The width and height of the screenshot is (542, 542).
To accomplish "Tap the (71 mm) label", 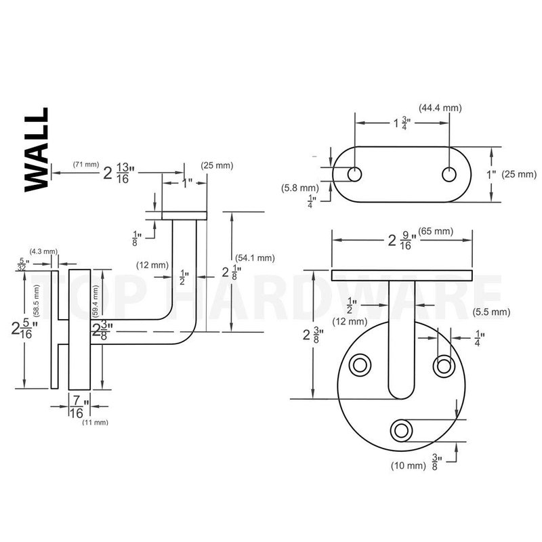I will tap(86, 165).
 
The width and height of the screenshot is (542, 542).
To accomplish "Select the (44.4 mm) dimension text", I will tap(441, 108).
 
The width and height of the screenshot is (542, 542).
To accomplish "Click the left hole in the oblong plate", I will tap(354, 173).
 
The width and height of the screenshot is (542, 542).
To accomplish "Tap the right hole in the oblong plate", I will tap(450, 173).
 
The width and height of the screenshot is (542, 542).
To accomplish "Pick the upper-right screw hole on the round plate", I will tap(444, 365).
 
